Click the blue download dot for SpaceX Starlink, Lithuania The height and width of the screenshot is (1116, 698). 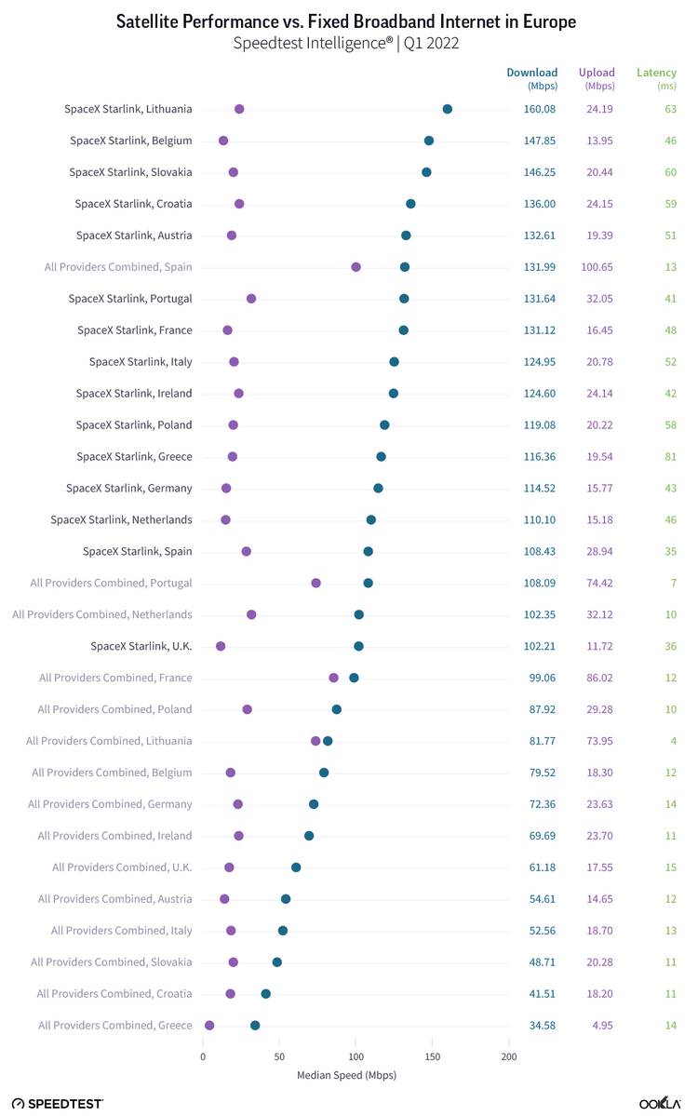coord(447,109)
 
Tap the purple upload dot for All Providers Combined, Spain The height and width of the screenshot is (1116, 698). coord(356,267)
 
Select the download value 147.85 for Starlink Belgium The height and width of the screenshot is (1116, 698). coord(540,141)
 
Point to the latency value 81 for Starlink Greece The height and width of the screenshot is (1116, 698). coord(670,457)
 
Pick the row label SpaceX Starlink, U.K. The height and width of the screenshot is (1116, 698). coord(141,646)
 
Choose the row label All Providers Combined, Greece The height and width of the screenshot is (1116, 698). coord(115,1026)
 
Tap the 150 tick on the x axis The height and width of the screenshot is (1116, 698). coord(433,1057)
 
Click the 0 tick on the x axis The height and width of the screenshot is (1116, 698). coord(203,1057)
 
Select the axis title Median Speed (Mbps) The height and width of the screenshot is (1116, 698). coord(346,1075)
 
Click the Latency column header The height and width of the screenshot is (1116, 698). coord(656,73)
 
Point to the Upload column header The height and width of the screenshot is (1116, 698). coord(597,73)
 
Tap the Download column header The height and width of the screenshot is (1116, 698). coord(531,73)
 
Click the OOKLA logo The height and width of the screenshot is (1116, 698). coord(660,1104)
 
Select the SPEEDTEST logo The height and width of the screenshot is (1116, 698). coord(58,1104)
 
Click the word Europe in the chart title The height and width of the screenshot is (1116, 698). coord(549,22)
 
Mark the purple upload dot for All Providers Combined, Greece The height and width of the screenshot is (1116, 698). coord(209,1026)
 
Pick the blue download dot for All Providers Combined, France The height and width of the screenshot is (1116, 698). coord(354,678)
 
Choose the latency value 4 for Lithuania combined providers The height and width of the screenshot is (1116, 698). coord(673,741)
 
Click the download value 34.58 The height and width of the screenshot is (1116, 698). coord(543,1026)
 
